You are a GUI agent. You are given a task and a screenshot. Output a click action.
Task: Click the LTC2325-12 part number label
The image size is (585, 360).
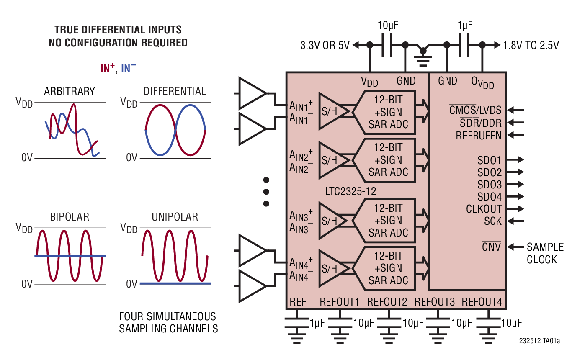[x=350, y=192]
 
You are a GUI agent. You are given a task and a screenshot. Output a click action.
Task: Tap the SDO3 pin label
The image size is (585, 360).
[x=489, y=185]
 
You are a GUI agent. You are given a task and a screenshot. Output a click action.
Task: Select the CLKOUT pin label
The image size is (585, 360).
[x=484, y=209]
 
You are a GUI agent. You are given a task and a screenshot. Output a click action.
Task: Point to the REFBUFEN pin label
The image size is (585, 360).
[x=479, y=136]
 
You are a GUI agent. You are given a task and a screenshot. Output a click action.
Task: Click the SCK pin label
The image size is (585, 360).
[x=492, y=221]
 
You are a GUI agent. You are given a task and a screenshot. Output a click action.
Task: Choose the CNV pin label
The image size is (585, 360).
[x=491, y=247]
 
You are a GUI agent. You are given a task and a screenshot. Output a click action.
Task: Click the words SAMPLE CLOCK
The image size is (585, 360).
[x=545, y=253]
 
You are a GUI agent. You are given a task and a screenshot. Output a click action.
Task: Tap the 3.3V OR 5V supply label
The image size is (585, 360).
[x=325, y=46]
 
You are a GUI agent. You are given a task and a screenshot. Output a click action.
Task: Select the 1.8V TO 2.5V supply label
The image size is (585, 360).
[x=531, y=46]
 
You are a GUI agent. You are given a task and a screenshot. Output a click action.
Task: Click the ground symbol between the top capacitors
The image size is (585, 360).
[x=423, y=54]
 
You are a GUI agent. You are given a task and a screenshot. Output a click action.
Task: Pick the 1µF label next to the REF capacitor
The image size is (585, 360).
[x=317, y=323]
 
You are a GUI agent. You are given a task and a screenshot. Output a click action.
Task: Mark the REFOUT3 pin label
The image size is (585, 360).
[x=434, y=302]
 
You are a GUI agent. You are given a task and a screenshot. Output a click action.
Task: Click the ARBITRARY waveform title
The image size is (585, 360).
[x=69, y=91]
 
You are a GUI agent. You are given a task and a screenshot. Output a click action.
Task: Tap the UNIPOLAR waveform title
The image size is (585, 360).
[x=175, y=217]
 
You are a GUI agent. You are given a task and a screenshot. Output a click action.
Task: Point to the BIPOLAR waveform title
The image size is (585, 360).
[x=70, y=217]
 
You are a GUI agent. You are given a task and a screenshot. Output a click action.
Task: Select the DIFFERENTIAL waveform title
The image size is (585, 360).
[x=175, y=91]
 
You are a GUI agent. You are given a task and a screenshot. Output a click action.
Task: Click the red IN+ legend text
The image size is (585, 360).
[x=108, y=69]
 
